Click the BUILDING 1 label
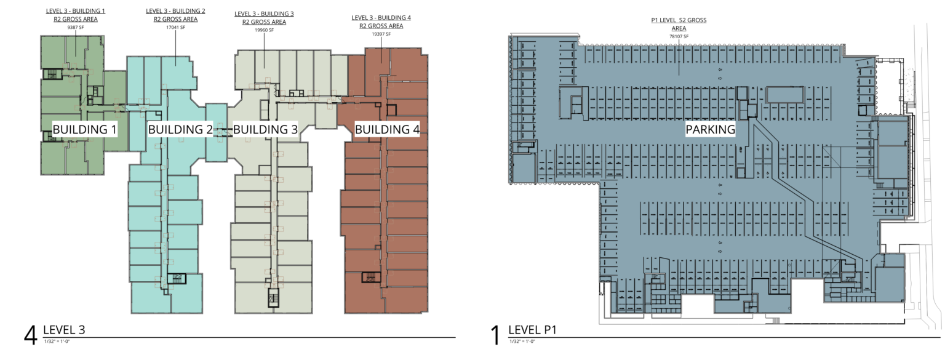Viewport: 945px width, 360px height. click(x=84, y=129)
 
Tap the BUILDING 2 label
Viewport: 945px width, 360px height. click(x=180, y=129)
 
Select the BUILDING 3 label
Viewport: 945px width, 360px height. click(x=265, y=129)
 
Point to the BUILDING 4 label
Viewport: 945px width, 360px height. click(x=387, y=129)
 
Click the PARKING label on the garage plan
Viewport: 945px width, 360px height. click(x=711, y=129)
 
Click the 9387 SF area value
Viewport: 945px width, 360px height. click(x=76, y=28)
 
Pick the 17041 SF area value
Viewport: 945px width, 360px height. click(x=175, y=28)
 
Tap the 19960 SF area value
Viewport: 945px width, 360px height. click(x=264, y=30)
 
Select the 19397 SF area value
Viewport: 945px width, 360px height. click(x=381, y=34)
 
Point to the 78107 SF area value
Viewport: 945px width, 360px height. click(x=679, y=37)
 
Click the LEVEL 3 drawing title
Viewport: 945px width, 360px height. click(x=64, y=330)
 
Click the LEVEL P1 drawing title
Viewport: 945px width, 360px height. click(x=532, y=330)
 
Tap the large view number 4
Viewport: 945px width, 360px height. click(x=30, y=336)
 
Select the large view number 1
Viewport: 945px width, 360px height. click(x=496, y=336)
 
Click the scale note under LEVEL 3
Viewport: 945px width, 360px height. click(x=57, y=342)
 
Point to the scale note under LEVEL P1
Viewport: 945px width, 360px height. click(x=522, y=342)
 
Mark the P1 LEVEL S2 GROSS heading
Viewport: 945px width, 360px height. click(x=679, y=20)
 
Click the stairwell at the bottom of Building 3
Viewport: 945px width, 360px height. click(x=273, y=298)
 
